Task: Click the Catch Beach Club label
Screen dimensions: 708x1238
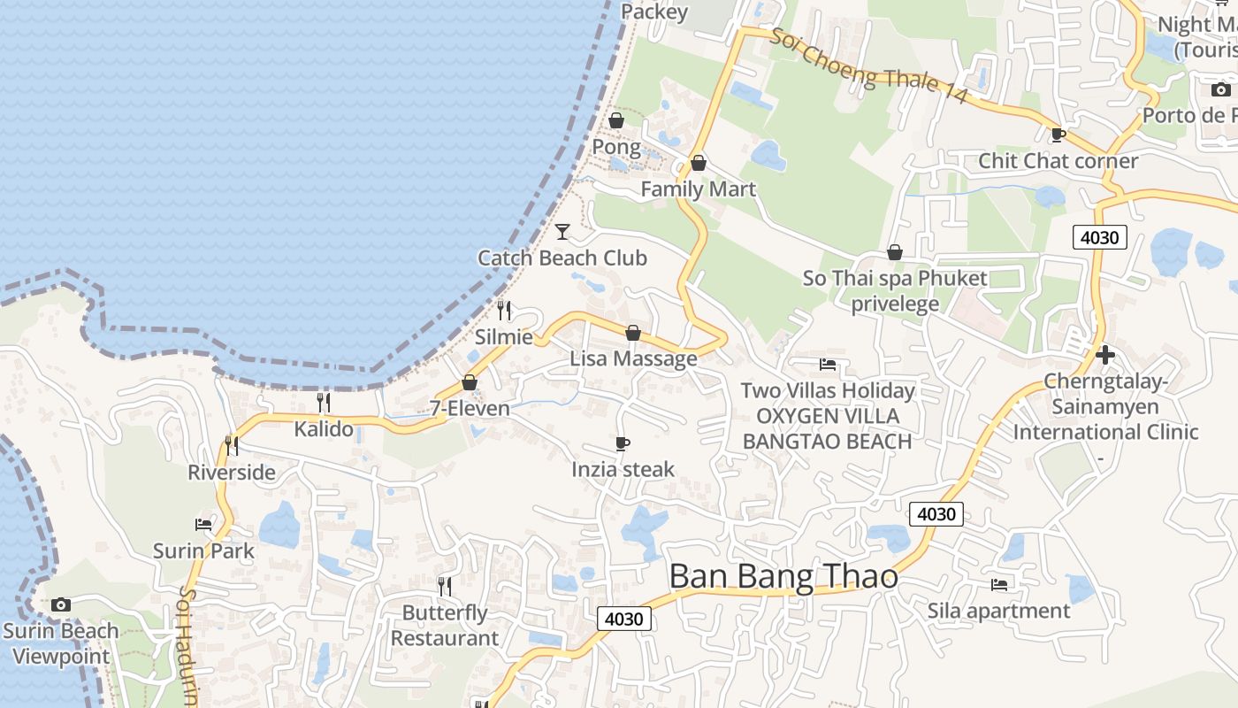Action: coord(562,258)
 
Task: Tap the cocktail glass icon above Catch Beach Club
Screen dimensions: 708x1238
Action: coord(562,232)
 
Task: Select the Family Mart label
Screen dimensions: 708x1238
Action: coord(698,189)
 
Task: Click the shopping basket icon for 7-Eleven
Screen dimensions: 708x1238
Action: coord(470,382)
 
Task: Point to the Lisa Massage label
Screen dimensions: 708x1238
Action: coord(633,359)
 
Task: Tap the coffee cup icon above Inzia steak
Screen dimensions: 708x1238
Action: coord(623,443)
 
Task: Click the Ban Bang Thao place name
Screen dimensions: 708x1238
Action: coord(783,577)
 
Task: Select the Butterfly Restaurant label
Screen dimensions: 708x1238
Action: coord(445,626)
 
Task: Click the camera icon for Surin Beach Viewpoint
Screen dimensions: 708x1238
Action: coord(60,604)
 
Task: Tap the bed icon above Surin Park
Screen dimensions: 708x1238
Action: coord(203,524)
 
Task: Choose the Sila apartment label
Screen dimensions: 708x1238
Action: coord(998,611)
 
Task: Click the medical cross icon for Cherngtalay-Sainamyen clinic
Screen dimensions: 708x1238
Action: coord(1104,355)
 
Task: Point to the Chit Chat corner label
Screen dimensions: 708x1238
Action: coord(1058,161)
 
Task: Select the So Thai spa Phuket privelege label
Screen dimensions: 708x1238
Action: coord(895,291)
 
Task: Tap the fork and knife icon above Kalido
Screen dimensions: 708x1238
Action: coord(324,404)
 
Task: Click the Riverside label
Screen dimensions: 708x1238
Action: coord(232,473)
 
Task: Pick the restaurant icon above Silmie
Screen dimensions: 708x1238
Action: coord(504,310)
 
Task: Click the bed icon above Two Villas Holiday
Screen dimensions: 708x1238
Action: coord(828,364)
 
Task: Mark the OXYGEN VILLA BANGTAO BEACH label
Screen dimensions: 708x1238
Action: coord(828,428)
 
